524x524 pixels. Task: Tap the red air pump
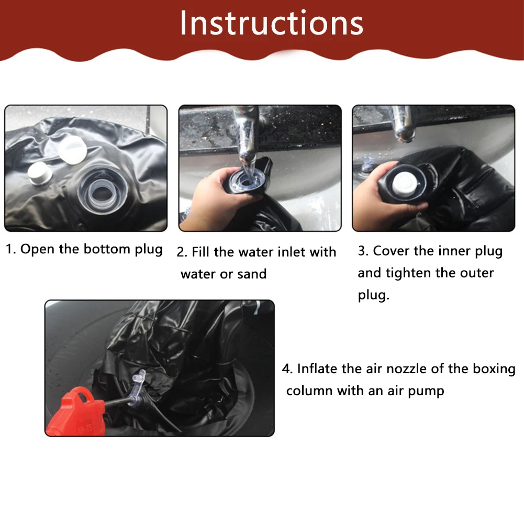77,412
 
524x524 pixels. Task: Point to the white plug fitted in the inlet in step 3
405,183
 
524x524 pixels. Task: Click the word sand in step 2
252,274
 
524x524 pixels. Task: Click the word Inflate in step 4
317,369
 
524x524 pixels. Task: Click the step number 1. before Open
10,249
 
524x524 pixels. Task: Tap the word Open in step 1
37,250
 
